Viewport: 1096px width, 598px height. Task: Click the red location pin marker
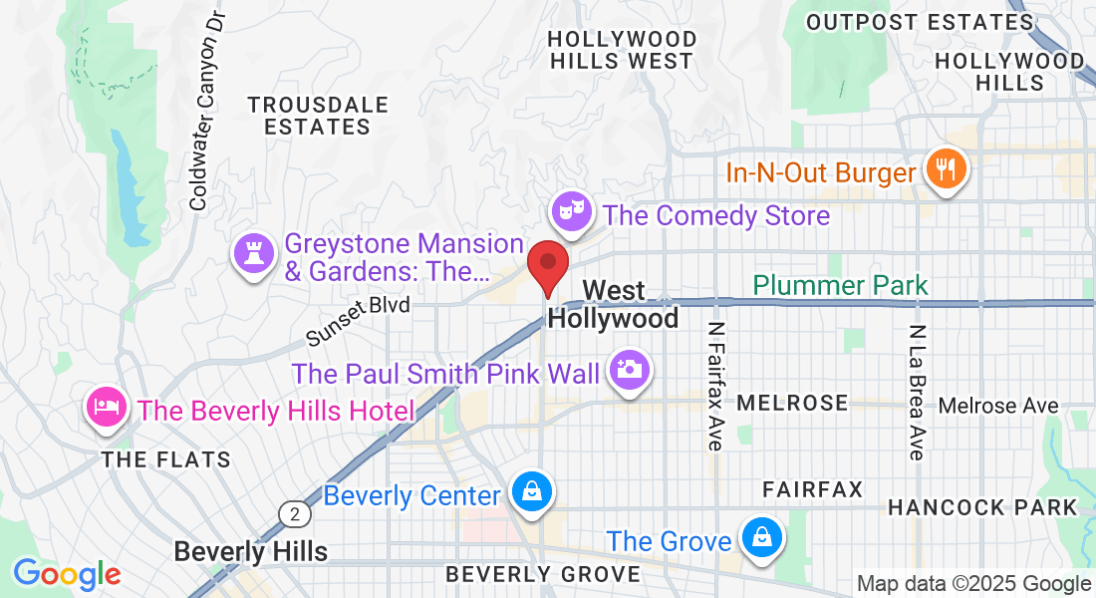click(547, 264)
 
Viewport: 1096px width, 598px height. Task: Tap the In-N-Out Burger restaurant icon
click(942, 170)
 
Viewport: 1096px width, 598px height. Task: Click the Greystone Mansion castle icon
click(253, 254)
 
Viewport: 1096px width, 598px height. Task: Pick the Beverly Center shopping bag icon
click(531, 493)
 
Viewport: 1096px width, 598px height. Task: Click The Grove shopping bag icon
click(761, 539)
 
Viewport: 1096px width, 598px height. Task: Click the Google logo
click(67, 574)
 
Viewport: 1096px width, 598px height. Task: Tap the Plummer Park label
click(840, 286)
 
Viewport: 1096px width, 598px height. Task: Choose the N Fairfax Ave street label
click(714, 386)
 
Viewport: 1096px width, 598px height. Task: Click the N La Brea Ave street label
click(918, 392)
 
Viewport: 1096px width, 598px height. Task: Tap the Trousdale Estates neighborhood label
click(318, 116)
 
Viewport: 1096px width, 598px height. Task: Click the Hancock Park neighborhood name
click(982, 507)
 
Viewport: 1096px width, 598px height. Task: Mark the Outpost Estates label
click(919, 22)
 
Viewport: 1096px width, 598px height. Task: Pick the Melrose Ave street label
click(998, 406)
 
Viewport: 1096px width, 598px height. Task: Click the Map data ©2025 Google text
click(974, 584)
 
